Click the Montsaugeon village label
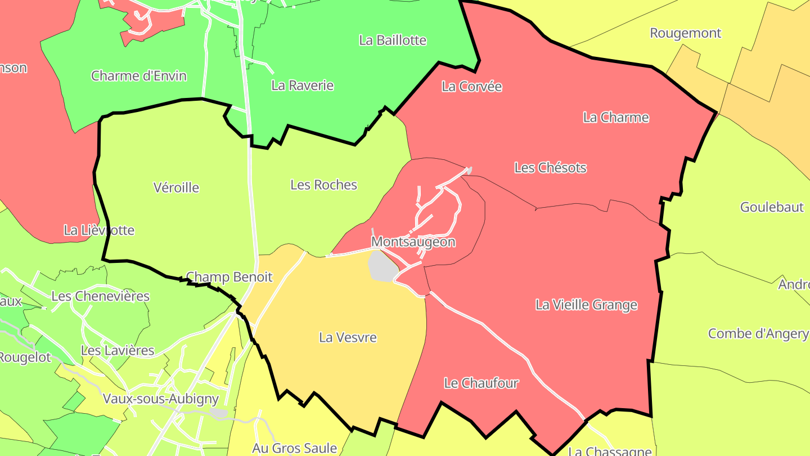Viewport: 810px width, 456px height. tap(413, 242)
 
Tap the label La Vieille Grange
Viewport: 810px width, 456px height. tap(586, 305)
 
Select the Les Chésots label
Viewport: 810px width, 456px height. tap(550, 168)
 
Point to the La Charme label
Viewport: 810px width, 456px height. tap(615, 118)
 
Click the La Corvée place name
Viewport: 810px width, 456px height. tap(471, 87)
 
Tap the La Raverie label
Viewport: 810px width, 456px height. tap(302, 86)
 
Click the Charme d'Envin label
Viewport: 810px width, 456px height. tap(138, 75)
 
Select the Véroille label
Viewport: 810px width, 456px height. tap(176, 187)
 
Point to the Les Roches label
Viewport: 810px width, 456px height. tap(323, 185)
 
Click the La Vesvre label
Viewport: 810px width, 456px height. tap(348, 338)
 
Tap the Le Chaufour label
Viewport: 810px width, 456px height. tap(481, 383)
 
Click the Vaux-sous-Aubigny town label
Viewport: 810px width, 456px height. tap(160, 399)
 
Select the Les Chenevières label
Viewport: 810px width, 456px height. tap(100, 296)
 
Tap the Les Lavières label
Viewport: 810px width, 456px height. tap(117, 351)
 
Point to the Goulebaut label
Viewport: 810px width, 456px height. tap(772, 207)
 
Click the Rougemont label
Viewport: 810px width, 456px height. tap(685, 33)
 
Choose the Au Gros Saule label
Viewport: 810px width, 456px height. tap(294, 448)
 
